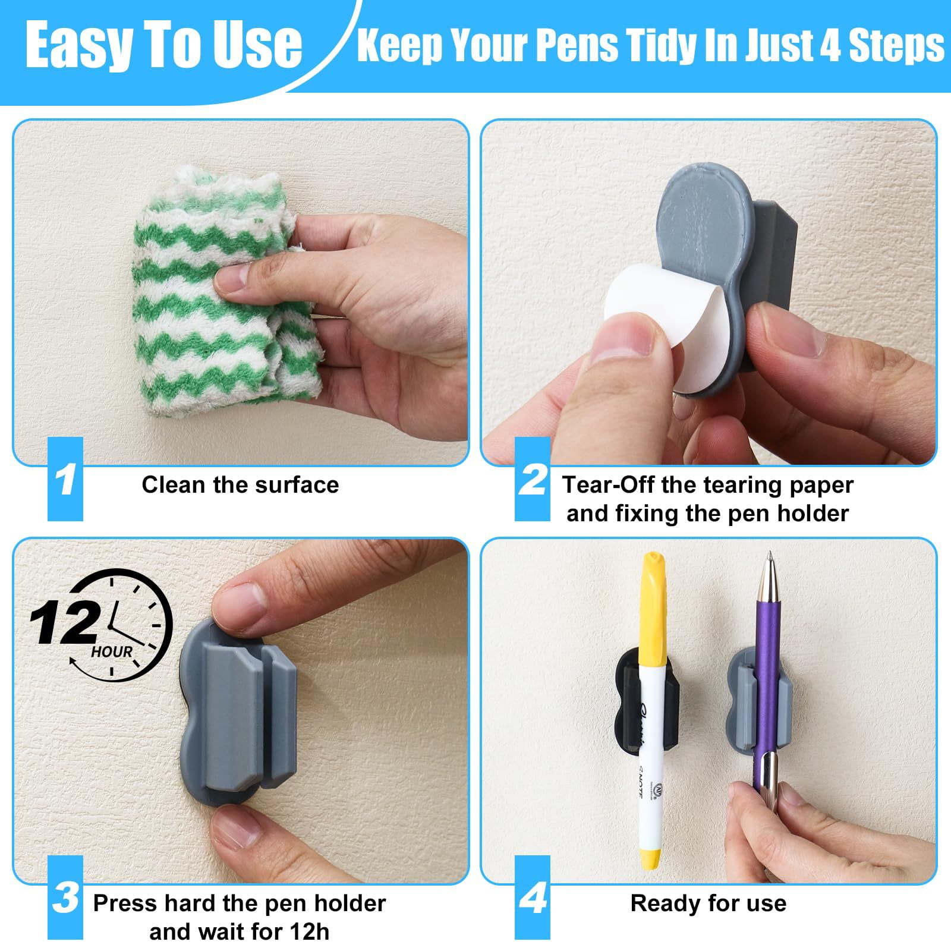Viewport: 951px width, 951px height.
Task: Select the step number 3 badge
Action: pos(65,898)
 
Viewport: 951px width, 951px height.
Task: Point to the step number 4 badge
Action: pos(533,898)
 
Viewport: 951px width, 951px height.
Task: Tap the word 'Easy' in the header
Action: pos(83,45)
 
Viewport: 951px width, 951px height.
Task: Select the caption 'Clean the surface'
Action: pos(240,485)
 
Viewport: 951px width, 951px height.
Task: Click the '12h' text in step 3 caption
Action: pos(307,931)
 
